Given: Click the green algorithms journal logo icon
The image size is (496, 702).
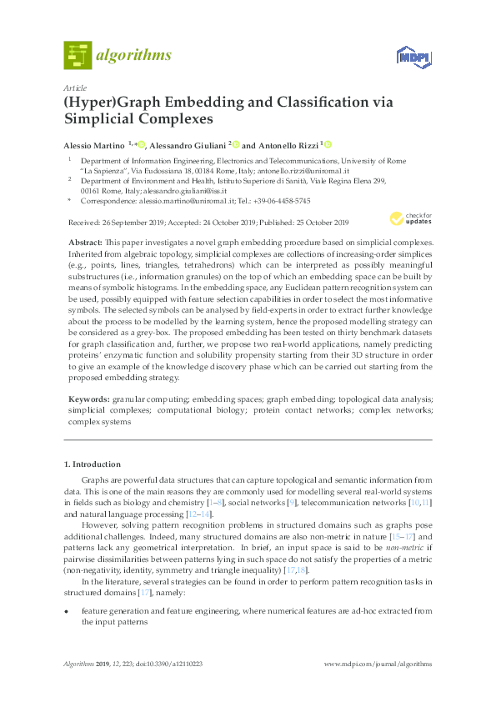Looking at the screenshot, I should pyautogui.click(x=78, y=55).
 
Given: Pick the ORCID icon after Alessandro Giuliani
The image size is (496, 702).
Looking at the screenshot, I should pyautogui.click(x=236, y=144).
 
